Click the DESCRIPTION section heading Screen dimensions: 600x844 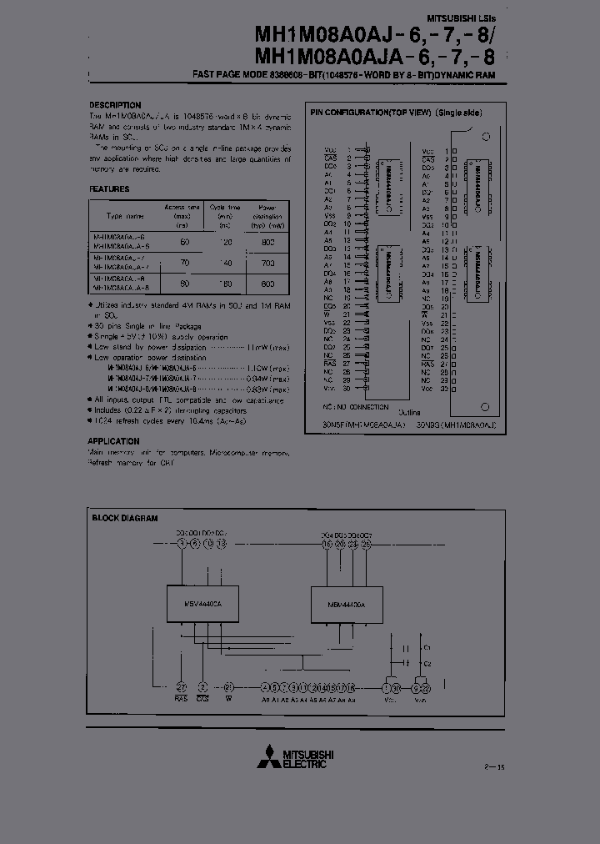coord(115,105)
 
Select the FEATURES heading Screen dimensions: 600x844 coord(109,190)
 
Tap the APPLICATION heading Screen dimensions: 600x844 coord(114,441)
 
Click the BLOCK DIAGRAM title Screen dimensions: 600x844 coord(124,518)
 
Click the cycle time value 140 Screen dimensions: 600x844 coord(224,262)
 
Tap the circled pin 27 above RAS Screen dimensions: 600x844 coord(181,687)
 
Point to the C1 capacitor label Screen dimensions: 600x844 coord(427,647)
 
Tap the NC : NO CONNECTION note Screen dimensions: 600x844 coord(355,407)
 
